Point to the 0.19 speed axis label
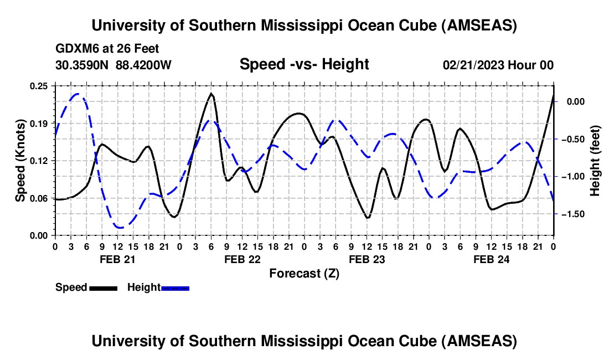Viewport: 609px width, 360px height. (x=39, y=123)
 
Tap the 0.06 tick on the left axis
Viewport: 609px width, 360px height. (x=39, y=198)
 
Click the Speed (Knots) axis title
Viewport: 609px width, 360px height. (x=20, y=160)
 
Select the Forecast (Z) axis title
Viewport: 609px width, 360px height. (x=304, y=273)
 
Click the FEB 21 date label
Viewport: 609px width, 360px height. (x=117, y=259)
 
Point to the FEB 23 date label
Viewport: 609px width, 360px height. (x=367, y=259)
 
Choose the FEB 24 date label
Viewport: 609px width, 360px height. (x=491, y=259)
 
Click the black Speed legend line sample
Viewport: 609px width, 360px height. (x=103, y=287)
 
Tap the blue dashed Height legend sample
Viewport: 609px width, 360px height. (x=176, y=287)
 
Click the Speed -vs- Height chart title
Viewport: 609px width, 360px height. (x=304, y=64)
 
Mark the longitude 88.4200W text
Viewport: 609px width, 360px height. (x=144, y=65)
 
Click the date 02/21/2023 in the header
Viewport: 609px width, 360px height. (x=473, y=65)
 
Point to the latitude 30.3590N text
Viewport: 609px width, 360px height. (x=83, y=65)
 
